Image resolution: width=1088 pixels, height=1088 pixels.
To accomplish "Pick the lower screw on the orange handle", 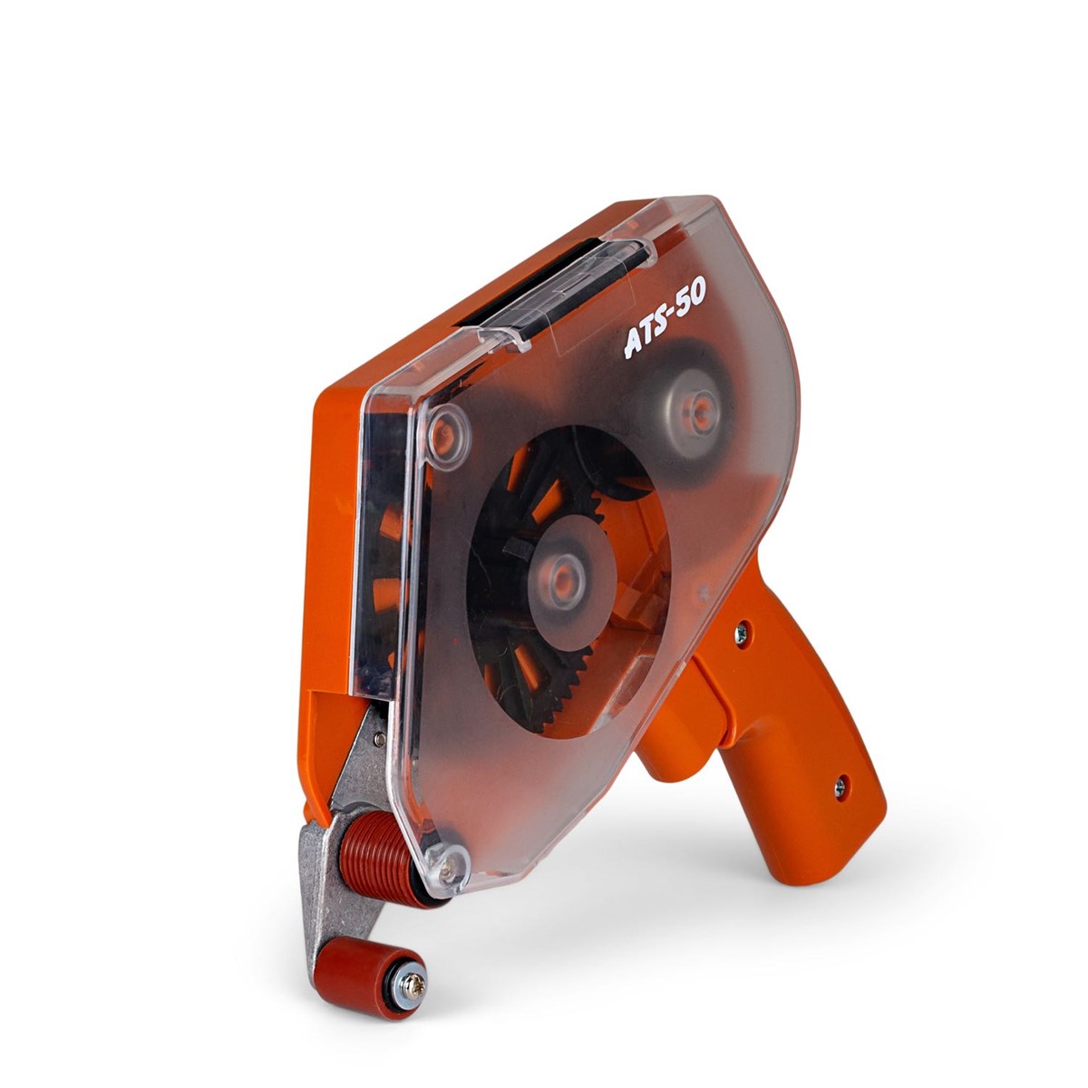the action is click(840, 786).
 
